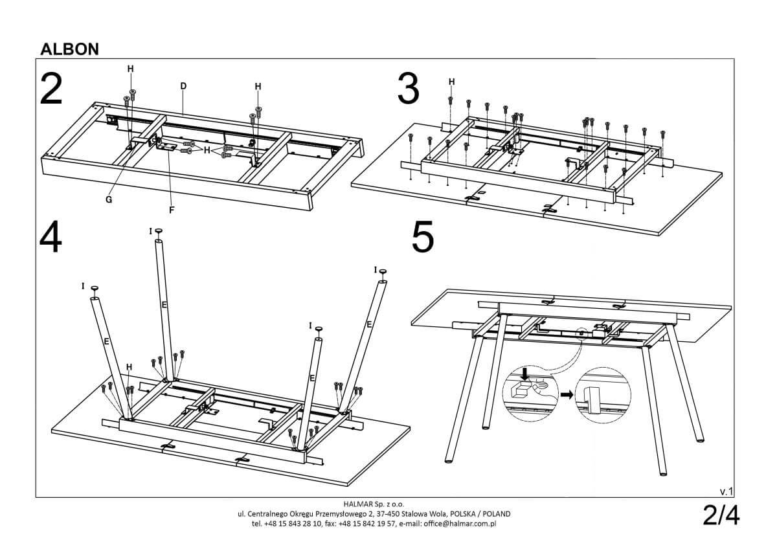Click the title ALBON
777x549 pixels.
pyautogui.click(x=69, y=49)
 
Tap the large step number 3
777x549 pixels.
pyautogui.click(x=408, y=89)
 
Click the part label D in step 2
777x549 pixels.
pyautogui.click(x=183, y=85)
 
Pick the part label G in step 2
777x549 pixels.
pyautogui.click(x=109, y=199)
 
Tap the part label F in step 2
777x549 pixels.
pyautogui.click(x=172, y=209)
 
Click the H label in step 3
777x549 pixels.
pyautogui.click(x=451, y=82)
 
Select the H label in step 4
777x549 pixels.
pyautogui.click(x=129, y=367)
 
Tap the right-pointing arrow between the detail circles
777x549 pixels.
pyautogui.click(x=566, y=394)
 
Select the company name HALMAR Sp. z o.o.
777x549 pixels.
pyautogui.click(x=373, y=503)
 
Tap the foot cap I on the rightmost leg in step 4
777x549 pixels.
pyautogui.click(x=383, y=272)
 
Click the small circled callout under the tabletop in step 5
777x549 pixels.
pyautogui.click(x=581, y=334)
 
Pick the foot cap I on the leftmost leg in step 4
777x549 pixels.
pyautogui.click(x=95, y=288)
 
